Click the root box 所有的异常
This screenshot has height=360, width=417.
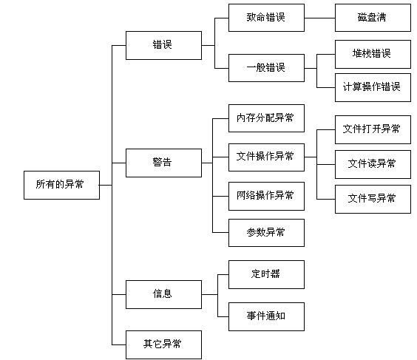[x=61, y=185]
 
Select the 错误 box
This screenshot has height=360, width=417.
[x=163, y=45]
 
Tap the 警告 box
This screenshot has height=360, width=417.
[x=163, y=163]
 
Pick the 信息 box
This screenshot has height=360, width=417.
[x=163, y=294]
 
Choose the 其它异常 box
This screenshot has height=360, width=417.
[x=163, y=344]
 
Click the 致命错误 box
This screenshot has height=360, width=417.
[x=266, y=18]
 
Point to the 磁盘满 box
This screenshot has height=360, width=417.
[x=373, y=18]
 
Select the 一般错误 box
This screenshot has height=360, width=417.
[x=266, y=68]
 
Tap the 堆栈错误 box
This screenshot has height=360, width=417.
[x=373, y=54]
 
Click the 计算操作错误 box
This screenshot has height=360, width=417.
[x=373, y=87]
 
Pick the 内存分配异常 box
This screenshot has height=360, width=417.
[x=266, y=118]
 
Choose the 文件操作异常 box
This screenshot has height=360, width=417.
[x=266, y=157]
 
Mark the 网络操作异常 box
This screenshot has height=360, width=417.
[x=266, y=196]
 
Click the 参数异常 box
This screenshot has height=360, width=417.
[x=266, y=233]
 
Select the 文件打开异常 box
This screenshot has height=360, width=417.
[x=373, y=130]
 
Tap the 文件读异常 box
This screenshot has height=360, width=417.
[x=373, y=164]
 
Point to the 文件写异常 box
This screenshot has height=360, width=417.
[x=373, y=199]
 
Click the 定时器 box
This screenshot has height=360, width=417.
[x=266, y=275]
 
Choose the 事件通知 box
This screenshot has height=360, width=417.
[x=266, y=316]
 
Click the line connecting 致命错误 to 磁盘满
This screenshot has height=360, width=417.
[x=319, y=18]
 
